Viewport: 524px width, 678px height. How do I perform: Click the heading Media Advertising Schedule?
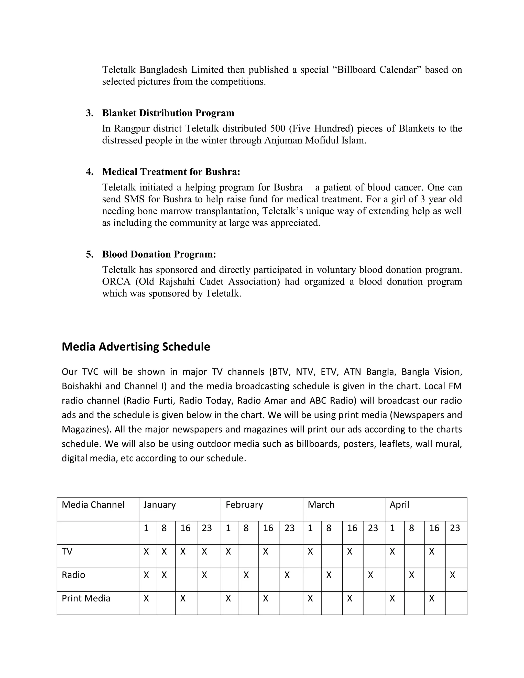(136, 347)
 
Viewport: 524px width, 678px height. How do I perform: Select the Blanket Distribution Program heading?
(168, 113)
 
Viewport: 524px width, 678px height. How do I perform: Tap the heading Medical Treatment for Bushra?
(171, 172)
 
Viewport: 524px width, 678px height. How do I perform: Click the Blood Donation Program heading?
(159, 254)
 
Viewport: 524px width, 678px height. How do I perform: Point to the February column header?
(244, 505)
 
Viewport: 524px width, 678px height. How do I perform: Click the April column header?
(399, 505)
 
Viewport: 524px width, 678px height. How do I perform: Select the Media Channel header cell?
(93, 505)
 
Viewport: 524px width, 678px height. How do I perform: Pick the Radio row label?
(73, 575)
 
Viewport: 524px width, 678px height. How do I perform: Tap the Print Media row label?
(86, 598)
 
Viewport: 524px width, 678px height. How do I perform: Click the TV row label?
(67, 552)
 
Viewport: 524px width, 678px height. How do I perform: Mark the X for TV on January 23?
(204, 552)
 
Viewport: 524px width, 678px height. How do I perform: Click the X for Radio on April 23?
(452, 575)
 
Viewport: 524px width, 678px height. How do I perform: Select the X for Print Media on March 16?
(350, 598)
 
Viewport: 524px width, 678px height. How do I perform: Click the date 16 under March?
(352, 528)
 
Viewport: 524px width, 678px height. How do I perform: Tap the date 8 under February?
(246, 528)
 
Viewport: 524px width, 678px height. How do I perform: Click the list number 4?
(90, 172)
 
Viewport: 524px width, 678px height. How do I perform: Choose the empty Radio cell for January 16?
(186, 579)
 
